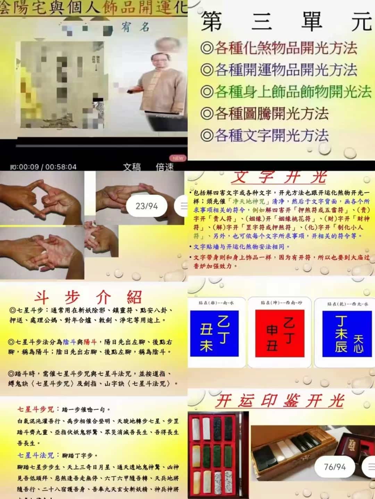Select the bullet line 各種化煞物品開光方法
tap(279, 48)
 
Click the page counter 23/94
tap(147, 206)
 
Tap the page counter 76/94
tap(335, 467)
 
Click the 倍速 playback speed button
tap(165, 167)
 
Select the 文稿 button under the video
tap(132, 167)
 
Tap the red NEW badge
tap(178, 158)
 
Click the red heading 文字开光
tap(279, 177)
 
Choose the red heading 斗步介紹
tap(88, 297)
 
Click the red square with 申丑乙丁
tap(280, 333)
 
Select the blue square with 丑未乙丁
tap(214, 333)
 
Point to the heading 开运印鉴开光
tap(280, 401)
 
